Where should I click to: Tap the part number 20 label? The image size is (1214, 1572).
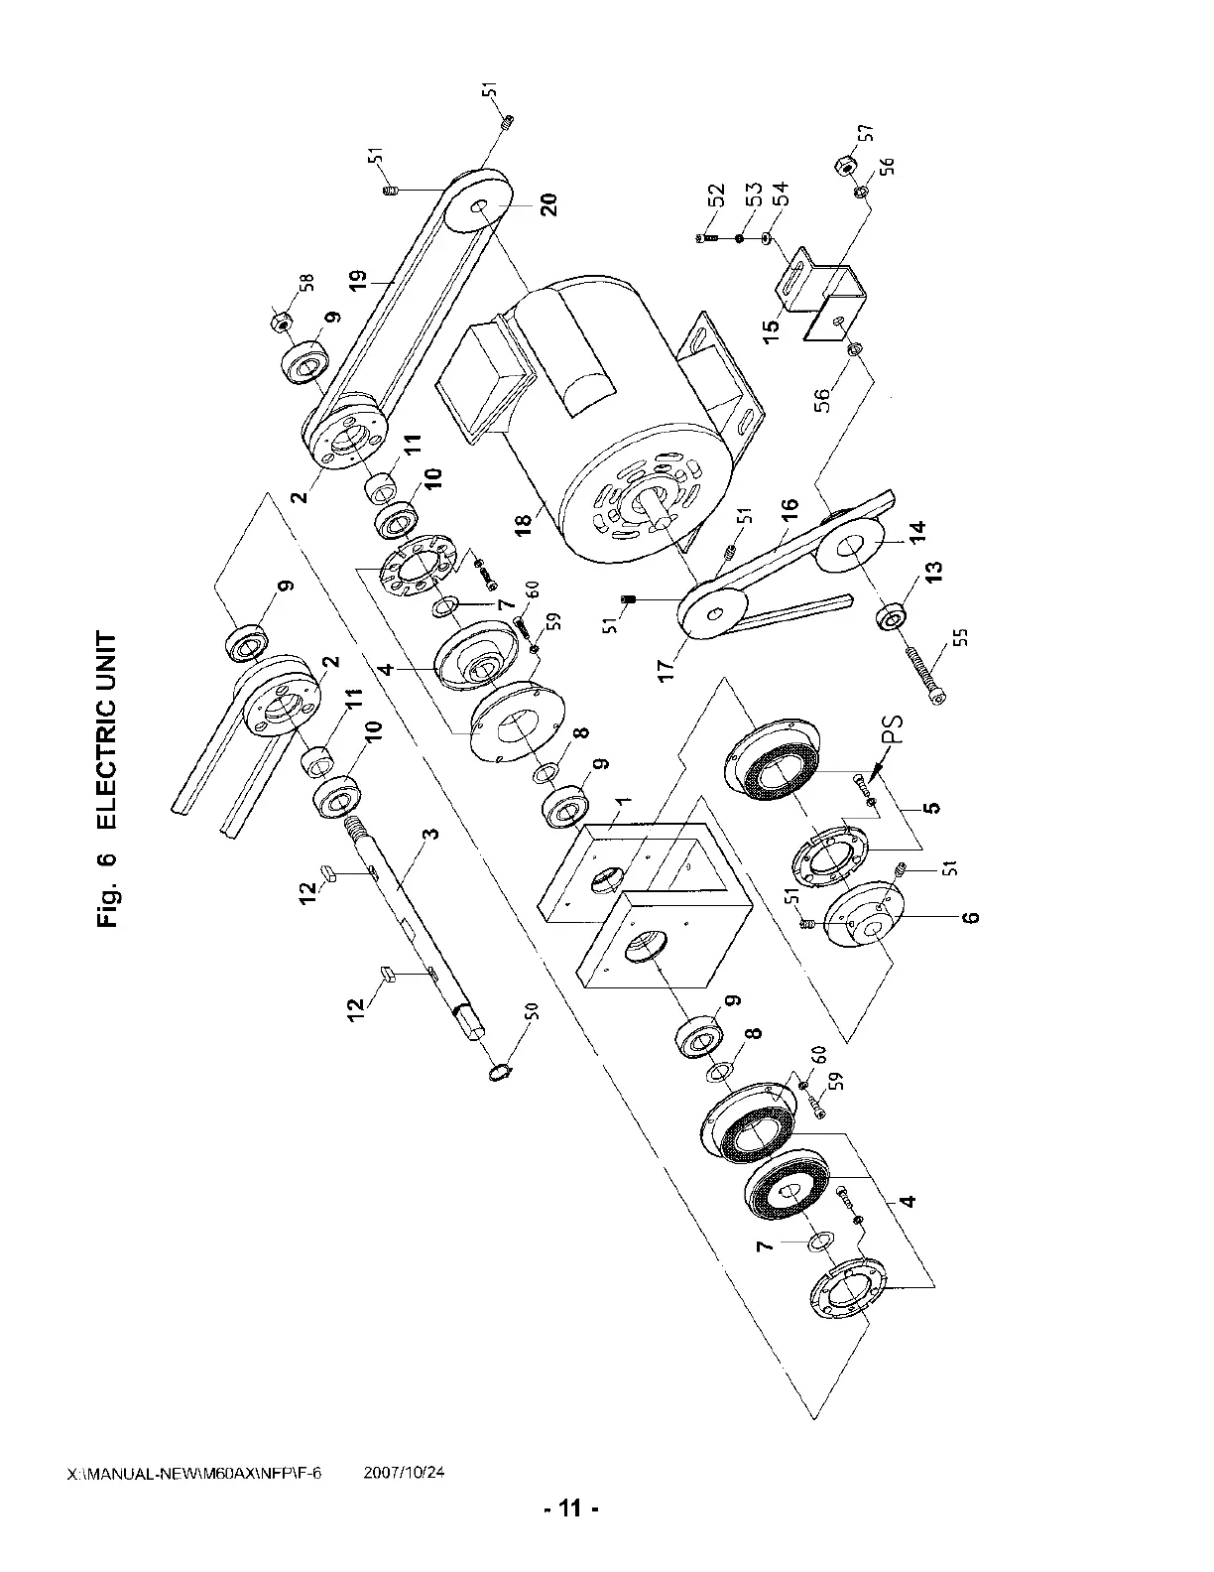548,204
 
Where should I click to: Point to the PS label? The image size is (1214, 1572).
895,730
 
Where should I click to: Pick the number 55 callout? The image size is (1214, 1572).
962,636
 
